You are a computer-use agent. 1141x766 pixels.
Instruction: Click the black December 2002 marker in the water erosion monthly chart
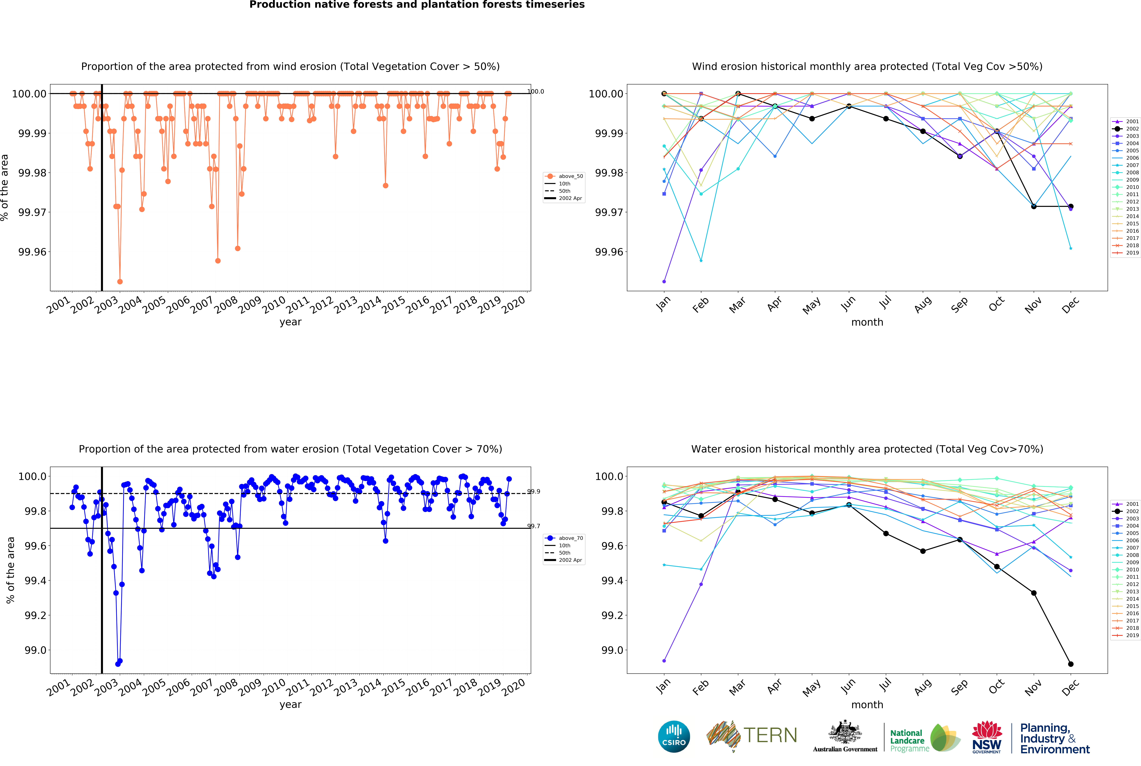[1071, 664]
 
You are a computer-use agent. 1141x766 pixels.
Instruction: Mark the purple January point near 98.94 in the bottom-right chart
[664, 660]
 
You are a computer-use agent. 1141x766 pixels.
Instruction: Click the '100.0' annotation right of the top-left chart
[535, 91]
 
